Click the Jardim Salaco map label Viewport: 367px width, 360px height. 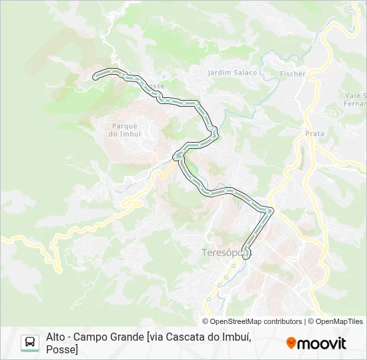point(232,72)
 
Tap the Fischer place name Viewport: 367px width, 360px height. point(293,74)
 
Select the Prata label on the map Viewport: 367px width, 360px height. point(314,133)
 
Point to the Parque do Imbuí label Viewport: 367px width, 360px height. point(124,129)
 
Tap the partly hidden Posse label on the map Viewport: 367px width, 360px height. point(155,86)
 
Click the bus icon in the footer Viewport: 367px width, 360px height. point(30,343)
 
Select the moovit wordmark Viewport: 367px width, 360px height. point(322,343)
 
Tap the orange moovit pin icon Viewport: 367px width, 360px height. point(291,343)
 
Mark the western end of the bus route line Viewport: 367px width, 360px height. point(95,75)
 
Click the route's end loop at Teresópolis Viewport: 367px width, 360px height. point(248,252)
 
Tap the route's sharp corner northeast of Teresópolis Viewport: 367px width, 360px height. point(270,211)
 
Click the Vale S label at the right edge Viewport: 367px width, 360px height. point(356,96)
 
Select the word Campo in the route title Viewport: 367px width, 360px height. point(91,337)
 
